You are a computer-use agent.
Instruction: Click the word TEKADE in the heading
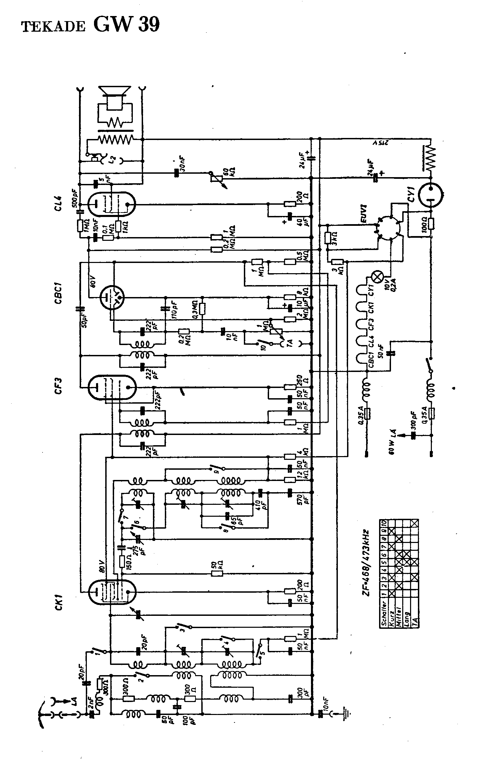(53, 27)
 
